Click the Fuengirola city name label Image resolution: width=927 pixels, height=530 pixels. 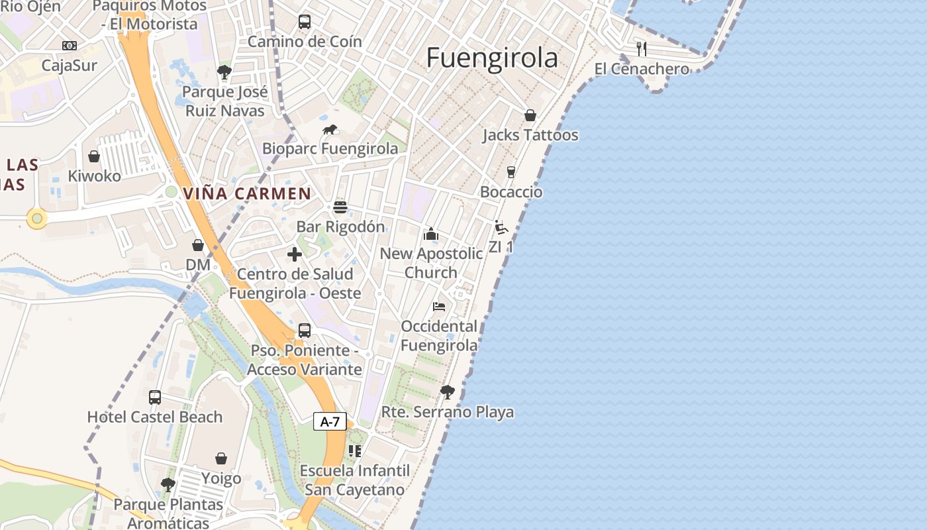(492, 58)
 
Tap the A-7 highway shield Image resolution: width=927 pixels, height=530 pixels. (330, 421)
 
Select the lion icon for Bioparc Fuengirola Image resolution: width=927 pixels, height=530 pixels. (330, 129)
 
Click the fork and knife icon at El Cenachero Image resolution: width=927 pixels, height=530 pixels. (641, 48)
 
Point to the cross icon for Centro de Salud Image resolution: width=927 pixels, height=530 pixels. (295, 254)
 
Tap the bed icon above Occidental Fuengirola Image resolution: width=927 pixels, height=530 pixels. (439, 306)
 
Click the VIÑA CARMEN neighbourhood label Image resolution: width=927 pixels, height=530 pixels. (247, 193)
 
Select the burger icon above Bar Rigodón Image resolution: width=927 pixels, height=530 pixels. (340, 207)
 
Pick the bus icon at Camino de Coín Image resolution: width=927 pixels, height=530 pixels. (305, 22)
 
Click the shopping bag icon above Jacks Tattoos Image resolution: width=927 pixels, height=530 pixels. (530, 115)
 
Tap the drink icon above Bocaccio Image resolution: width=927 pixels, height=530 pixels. (511, 172)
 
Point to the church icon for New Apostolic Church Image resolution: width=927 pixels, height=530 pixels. (431, 234)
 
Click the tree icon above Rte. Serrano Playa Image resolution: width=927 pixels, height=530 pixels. (448, 392)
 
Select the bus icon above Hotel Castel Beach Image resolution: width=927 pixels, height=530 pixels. (155, 397)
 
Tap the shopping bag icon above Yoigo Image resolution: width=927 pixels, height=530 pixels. (221, 458)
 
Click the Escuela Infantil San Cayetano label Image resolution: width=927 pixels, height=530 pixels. (354, 480)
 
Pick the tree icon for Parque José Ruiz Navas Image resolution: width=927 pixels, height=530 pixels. (224, 72)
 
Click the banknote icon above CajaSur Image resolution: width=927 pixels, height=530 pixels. (70, 46)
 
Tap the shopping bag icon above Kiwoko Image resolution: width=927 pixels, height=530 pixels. (94, 156)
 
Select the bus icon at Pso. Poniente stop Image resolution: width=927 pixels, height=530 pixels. (305, 330)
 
